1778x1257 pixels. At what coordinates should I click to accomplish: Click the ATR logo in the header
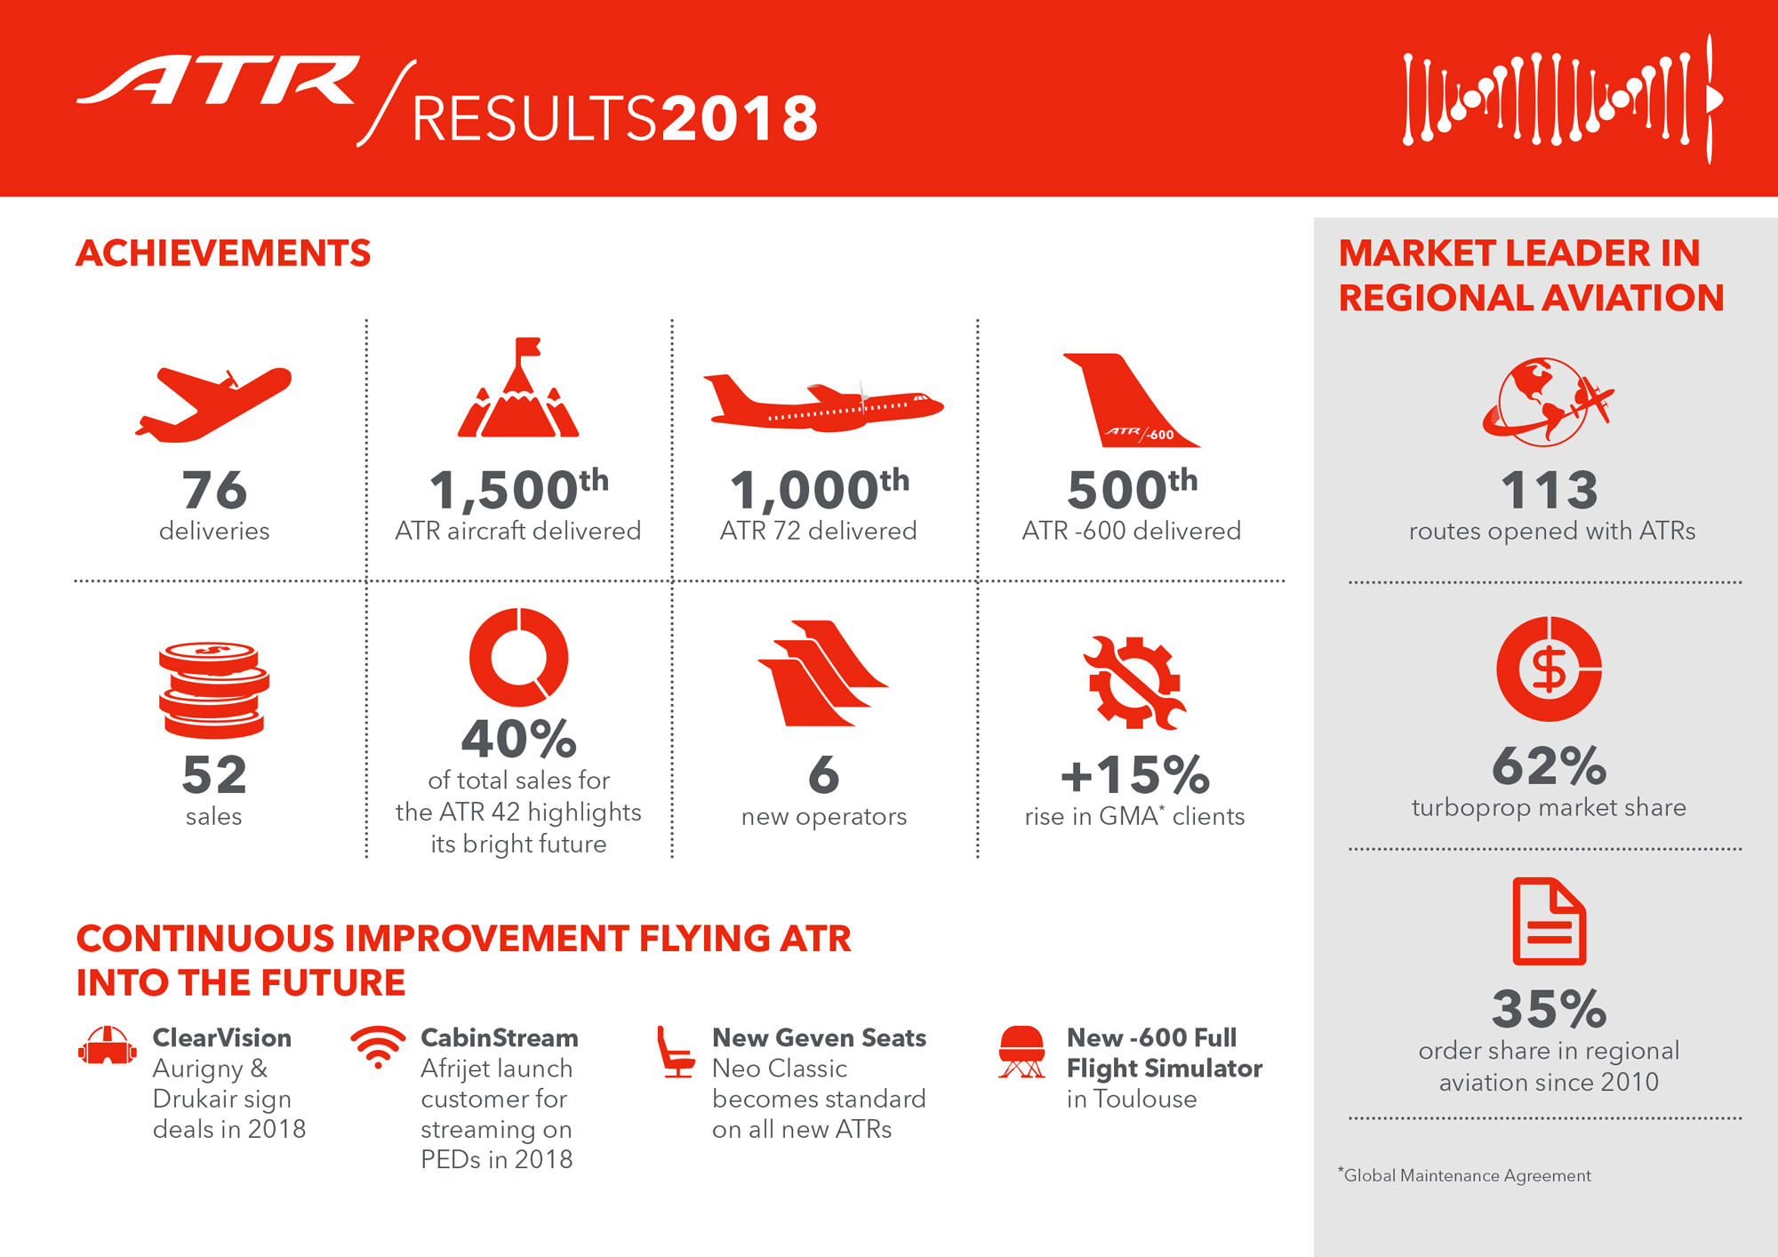click(219, 81)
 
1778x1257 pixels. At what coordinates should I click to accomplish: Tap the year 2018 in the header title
click(740, 118)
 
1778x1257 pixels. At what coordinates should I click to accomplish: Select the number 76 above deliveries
click(214, 490)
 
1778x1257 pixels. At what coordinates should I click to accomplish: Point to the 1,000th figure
click(820, 489)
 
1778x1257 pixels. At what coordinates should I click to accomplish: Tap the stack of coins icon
click(214, 690)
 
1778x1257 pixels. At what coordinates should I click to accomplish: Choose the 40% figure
click(519, 739)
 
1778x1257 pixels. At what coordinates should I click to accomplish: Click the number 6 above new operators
click(824, 774)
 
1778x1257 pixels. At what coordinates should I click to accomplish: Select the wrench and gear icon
click(1134, 683)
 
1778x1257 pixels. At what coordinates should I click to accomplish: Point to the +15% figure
click(1135, 774)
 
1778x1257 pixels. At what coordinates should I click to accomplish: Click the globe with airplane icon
click(1548, 402)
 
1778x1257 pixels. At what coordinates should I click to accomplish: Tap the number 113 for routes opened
click(1550, 490)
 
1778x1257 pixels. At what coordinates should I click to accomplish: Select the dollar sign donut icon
click(1549, 669)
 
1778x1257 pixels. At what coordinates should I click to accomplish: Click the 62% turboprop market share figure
click(1550, 765)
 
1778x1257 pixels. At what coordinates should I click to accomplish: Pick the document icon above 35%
click(1550, 921)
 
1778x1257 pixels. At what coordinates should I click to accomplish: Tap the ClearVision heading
click(222, 1037)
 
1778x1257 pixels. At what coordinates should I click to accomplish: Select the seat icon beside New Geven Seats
click(676, 1052)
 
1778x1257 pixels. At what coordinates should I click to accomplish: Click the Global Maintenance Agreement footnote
click(1464, 1175)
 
